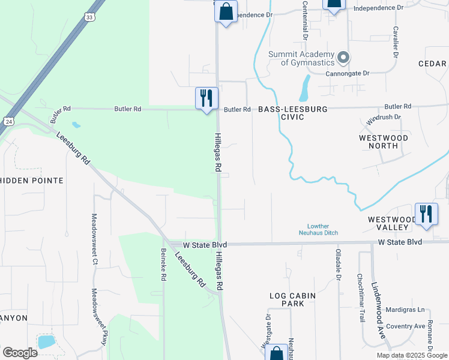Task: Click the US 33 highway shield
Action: pos(89,17)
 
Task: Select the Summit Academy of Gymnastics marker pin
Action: pos(343,58)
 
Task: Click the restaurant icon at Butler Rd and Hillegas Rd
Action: pos(206,98)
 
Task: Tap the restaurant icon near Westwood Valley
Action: pos(426,214)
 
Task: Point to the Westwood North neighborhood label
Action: pos(387,142)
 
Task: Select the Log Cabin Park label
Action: pos(293,299)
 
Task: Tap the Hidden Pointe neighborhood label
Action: pos(32,181)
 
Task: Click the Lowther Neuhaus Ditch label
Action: pos(319,229)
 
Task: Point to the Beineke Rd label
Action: pos(163,264)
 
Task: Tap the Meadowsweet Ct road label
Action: pos(94,238)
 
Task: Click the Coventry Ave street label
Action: pos(405,326)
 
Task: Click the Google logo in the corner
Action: pos(20,352)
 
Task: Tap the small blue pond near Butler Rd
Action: pos(76,125)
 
